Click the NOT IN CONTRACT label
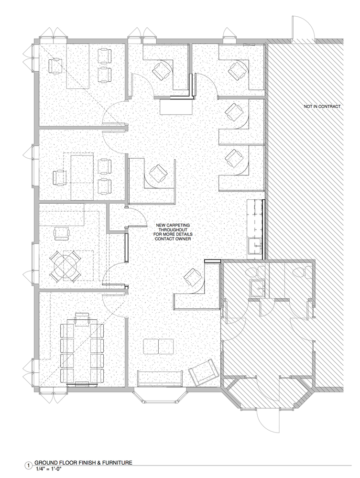322,107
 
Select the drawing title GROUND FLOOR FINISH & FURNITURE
83,463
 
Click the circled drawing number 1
29,466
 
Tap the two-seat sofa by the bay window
160,378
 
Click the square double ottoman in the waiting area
159,346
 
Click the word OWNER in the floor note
184,239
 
